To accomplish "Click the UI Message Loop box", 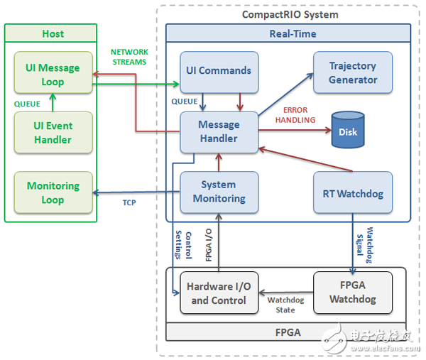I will (53, 75).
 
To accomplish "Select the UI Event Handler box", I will (53, 133).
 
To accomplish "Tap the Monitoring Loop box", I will (53, 192).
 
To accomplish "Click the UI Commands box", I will (219, 71).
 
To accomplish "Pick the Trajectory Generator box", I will (353, 72).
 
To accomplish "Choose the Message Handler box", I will (219, 131).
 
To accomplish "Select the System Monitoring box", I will (219, 192).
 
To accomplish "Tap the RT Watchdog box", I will (353, 192).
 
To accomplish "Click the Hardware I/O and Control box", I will (219, 293).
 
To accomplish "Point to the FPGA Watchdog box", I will (353, 292).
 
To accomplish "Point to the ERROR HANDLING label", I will (299, 115).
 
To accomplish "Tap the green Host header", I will (53, 33).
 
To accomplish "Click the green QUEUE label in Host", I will (27, 104).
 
